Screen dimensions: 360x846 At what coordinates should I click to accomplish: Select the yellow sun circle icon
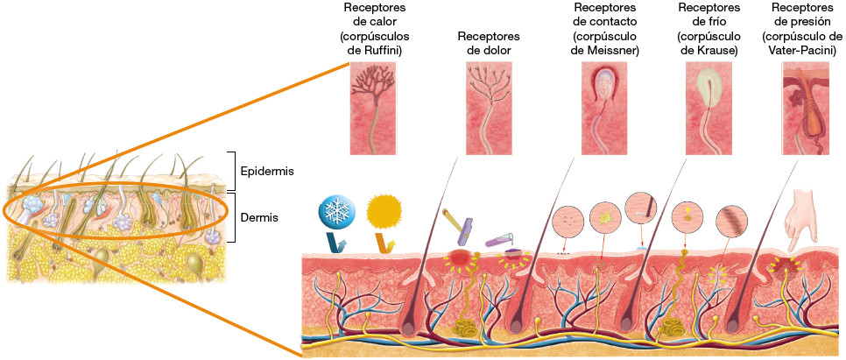click(x=384, y=209)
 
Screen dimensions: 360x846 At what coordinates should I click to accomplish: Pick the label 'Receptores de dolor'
click(x=489, y=43)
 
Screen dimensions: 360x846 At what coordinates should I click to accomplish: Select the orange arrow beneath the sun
click(x=384, y=243)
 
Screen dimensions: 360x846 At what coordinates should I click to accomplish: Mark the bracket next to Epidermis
click(x=231, y=170)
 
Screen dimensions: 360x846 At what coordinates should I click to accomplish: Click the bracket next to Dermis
click(x=231, y=215)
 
